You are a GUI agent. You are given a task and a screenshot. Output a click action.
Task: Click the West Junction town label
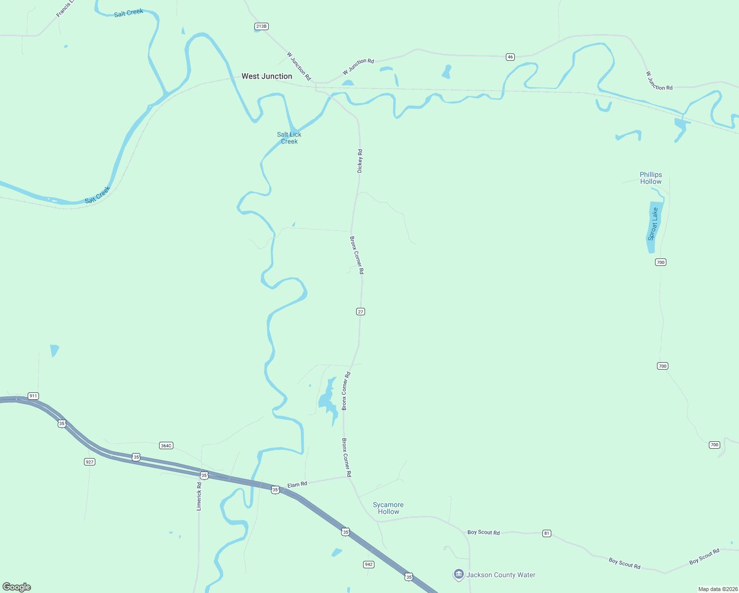pyautogui.click(x=267, y=76)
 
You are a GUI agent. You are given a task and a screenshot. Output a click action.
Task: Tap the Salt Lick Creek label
pyautogui.click(x=289, y=138)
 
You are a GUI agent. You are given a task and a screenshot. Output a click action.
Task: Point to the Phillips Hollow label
pyautogui.click(x=651, y=178)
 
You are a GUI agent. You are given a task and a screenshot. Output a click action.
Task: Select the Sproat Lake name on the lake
pyautogui.click(x=653, y=224)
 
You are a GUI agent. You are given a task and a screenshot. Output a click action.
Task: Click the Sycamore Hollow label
pyautogui.click(x=388, y=508)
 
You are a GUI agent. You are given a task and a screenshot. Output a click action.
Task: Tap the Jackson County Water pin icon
pyautogui.click(x=458, y=574)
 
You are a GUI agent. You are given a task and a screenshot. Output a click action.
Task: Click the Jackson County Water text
pyautogui.click(x=501, y=575)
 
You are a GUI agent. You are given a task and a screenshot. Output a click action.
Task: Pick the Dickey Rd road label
pyautogui.click(x=360, y=161)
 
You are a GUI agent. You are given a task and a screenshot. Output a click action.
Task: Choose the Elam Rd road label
pyautogui.click(x=297, y=485)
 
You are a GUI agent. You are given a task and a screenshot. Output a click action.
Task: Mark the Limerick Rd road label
pyautogui.click(x=199, y=497)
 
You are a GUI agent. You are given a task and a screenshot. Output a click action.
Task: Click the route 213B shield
pyautogui.click(x=261, y=26)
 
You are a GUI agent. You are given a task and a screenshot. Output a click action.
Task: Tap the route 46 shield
pyautogui.click(x=510, y=57)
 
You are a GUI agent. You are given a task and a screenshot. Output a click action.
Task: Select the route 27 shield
pyautogui.click(x=361, y=311)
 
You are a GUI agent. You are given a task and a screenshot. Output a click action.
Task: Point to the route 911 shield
pyautogui.click(x=33, y=396)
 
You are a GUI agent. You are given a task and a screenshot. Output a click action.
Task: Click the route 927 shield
pyautogui.click(x=89, y=462)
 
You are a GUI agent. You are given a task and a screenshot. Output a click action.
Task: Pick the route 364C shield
pyautogui.click(x=166, y=446)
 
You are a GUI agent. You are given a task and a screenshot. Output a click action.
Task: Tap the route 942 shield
pyautogui.click(x=369, y=564)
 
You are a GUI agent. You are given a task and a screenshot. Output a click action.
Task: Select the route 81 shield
pyautogui.click(x=546, y=533)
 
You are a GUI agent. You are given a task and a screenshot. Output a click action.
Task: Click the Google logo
pyautogui.click(x=17, y=587)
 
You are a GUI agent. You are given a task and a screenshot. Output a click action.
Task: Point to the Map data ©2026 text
pyautogui.click(x=717, y=589)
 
